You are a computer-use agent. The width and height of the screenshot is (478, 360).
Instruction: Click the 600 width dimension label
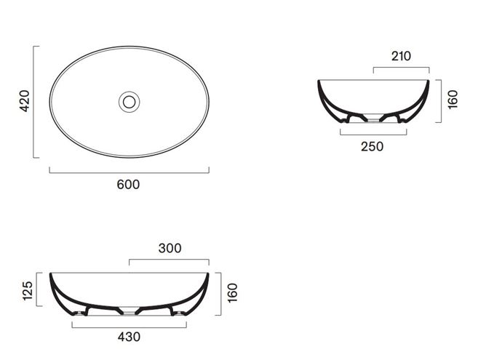pos(128,185)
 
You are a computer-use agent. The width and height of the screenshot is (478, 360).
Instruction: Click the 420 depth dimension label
pos(25,101)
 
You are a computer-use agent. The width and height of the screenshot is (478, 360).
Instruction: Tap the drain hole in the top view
pos(130,102)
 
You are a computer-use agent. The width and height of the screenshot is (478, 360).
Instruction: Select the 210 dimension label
pos(401,56)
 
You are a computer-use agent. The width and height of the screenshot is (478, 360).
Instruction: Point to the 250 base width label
pos(373,147)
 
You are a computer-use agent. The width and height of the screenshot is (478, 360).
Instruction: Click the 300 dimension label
pos(170,248)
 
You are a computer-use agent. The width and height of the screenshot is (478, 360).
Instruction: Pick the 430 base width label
pos(129,337)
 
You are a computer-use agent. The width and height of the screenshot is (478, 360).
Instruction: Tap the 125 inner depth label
pos(28,291)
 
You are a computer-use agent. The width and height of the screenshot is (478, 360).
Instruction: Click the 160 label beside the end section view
pos(453,100)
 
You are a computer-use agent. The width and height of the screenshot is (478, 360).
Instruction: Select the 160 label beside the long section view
pos(233,292)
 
